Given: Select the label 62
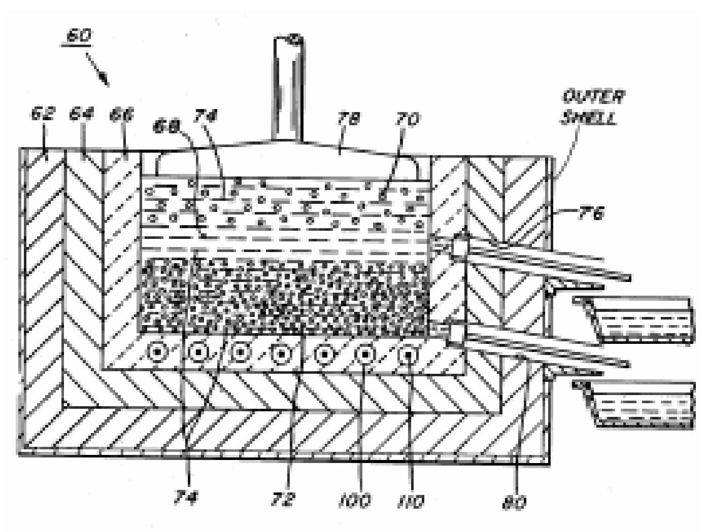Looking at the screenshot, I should click(x=42, y=114).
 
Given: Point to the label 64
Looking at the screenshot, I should click(x=81, y=114).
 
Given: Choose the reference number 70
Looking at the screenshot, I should click(x=408, y=120).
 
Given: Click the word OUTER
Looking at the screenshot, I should click(x=593, y=96).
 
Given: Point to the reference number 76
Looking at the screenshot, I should click(x=591, y=214).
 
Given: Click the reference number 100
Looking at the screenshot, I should click(x=355, y=501).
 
